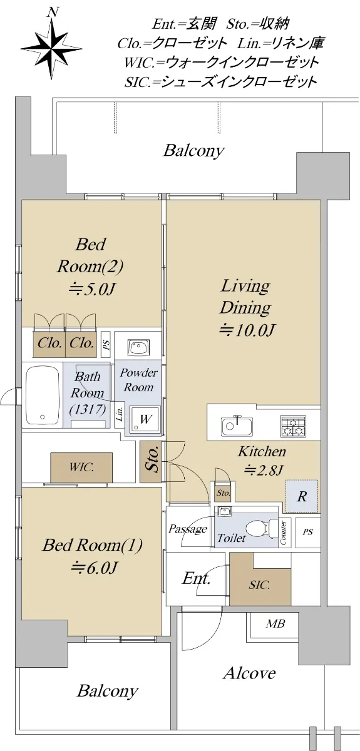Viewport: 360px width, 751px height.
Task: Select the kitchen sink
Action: click(x=237, y=426)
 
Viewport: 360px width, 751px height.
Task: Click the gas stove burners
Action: click(x=293, y=426)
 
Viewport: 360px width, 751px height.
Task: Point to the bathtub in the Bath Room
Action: click(x=43, y=396)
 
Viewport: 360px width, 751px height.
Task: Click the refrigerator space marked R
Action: click(x=302, y=496)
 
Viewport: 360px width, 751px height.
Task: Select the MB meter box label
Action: click(x=275, y=623)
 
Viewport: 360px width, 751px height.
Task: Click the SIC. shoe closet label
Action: click(x=259, y=585)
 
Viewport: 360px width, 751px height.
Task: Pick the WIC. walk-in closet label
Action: click(x=81, y=467)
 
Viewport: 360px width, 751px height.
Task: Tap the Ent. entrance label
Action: click(x=196, y=578)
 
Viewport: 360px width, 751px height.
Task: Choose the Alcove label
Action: click(x=250, y=673)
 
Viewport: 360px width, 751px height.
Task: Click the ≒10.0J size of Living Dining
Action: click(x=247, y=330)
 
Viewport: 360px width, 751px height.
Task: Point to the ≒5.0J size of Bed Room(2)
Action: click(x=91, y=289)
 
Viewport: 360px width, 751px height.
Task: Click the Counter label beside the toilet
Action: click(x=283, y=533)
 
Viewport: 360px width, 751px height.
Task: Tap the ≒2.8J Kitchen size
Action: click(x=264, y=471)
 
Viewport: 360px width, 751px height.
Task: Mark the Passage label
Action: click(x=188, y=529)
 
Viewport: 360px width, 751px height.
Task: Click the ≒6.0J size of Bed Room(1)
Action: click(x=94, y=568)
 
